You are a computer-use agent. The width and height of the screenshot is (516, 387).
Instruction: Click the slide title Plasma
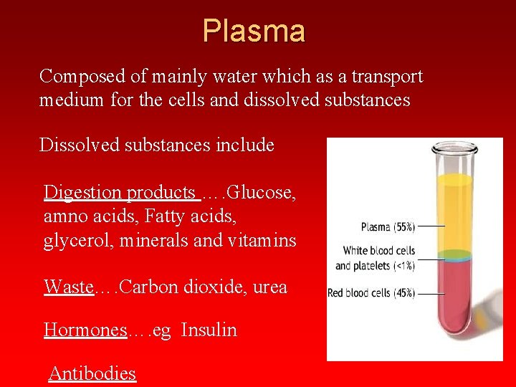coord(254,31)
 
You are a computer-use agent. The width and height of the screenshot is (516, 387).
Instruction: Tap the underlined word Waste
coord(69,287)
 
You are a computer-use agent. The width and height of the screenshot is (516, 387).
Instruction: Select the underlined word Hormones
coord(85,330)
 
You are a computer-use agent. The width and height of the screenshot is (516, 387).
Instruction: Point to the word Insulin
coord(209,330)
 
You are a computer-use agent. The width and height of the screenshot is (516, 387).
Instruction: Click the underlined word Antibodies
coord(92,373)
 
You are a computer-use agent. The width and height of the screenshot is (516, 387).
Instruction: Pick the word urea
coord(270,287)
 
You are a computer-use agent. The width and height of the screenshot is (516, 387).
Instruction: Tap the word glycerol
coord(72,241)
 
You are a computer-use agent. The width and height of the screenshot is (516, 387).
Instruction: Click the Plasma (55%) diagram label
coord(388,227)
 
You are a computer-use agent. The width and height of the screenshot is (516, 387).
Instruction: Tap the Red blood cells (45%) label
coord(371,293)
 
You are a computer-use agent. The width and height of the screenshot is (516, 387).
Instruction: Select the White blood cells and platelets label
coord(375,258)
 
